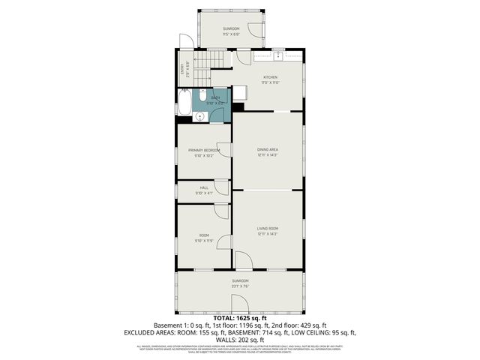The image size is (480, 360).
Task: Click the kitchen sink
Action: (x=278, y=55)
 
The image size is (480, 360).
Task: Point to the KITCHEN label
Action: (x=270, y=77)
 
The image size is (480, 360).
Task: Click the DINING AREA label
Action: (x=268, y=150)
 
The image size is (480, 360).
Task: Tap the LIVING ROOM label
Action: (x=268, y=229)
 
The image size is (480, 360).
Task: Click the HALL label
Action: (x=204, y=187)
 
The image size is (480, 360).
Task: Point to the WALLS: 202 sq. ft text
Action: (x=239, y=338)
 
